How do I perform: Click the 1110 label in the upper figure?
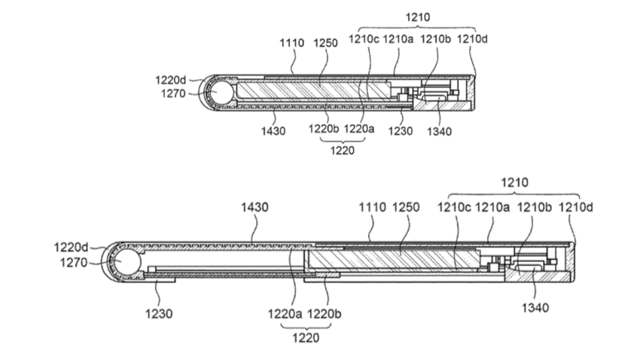click(291, 44)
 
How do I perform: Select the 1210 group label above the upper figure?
click(414, 15)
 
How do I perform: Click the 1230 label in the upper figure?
click(400, 130)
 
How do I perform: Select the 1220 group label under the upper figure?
click(336, 148)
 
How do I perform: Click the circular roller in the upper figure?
click(223, 94)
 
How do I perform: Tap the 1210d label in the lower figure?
click(573, 206)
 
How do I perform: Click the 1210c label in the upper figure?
click(364, 44)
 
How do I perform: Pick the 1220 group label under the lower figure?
click(303, 337)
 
